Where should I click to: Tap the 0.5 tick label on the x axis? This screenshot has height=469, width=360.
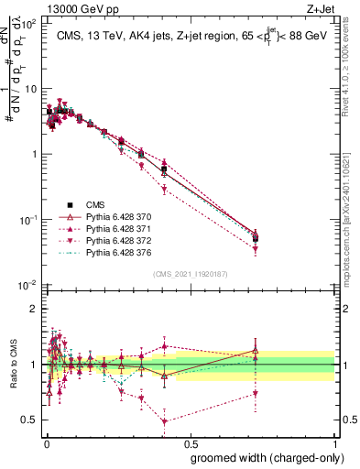pos(190,442)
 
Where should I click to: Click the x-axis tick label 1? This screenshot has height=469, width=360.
pos(334,442)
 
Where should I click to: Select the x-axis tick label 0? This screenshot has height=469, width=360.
pos(46,442)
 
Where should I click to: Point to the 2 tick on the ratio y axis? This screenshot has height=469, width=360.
pos(33,309)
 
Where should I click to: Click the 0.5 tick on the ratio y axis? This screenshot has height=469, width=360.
pos(29,420)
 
